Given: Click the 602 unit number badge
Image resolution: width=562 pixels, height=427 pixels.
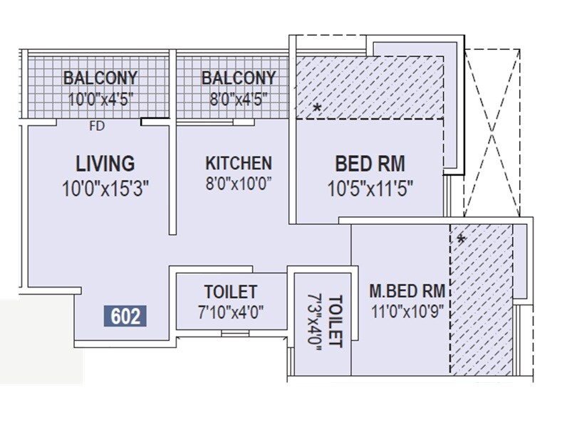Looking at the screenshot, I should (125, 315).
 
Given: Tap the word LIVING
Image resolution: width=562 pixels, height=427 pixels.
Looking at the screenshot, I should (105, 163).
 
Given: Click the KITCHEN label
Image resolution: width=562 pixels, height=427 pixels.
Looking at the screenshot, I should (238, 163).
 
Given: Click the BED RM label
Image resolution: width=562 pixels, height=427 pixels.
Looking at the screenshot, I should (370, 164).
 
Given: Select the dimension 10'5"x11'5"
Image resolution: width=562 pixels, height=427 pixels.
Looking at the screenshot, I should (370, 189).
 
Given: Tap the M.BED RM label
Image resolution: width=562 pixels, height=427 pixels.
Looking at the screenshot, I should (407, 290).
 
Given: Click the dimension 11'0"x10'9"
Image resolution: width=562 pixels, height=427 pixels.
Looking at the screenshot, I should (407, 312).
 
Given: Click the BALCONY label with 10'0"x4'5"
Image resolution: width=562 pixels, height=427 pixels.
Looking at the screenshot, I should (100, 78).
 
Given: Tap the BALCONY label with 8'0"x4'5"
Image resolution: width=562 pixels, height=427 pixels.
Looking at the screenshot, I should (238, 78).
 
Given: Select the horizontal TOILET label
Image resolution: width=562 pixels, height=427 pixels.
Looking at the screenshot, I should (230, 292).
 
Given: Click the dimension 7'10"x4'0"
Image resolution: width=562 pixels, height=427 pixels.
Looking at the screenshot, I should (230, 312).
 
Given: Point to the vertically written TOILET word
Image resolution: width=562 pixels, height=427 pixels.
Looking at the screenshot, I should (335, 321).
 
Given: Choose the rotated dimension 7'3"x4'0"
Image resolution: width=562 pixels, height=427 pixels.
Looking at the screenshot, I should (314, 321).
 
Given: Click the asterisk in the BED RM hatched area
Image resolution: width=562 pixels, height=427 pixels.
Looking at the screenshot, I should (317, 108).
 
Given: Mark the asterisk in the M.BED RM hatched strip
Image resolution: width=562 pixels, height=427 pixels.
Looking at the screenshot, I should (461, 240).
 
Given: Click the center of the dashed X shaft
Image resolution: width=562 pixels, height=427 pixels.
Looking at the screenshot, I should (498, 131).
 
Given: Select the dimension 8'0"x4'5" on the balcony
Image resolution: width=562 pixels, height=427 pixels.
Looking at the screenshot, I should (238, 99).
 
